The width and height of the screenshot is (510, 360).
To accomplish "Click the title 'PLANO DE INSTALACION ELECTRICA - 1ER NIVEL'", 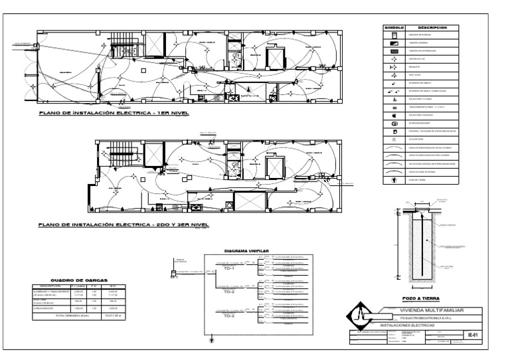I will [x=114, y=113].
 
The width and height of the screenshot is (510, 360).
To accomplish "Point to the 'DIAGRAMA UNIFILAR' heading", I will [x=247, y=251].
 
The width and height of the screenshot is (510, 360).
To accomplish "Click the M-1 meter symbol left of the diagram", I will [x=174, y=274].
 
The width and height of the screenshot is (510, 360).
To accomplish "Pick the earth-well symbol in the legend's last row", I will [x=394, y=179].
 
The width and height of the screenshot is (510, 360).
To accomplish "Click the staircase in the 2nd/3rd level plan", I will [x=107, y=152].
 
